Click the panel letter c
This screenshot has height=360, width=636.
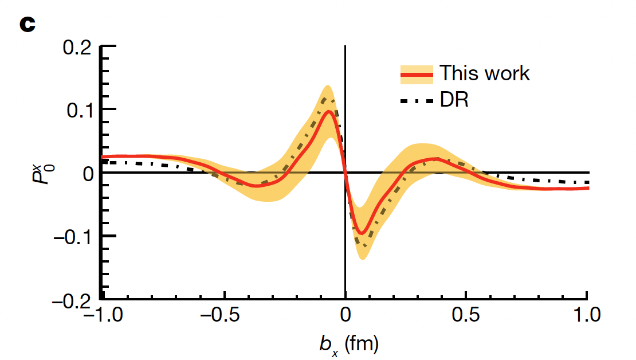(28, 25)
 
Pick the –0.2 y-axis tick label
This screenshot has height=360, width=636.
(71, 299)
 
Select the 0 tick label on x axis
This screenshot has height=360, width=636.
(345, 315)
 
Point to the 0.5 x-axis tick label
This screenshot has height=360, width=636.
(466, 315)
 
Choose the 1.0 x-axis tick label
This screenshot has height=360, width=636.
(587, 315)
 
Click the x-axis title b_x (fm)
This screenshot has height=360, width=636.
(349, 345)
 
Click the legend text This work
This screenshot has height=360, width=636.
(484, 73)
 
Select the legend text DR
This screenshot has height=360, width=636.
(454, 100)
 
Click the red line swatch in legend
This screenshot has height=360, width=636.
(416, 75)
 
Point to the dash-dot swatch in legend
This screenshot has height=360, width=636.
(416, 101)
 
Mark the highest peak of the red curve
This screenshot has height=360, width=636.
(328, 111)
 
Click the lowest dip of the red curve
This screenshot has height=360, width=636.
(362, 233)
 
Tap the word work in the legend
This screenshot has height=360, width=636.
(505, 73)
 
